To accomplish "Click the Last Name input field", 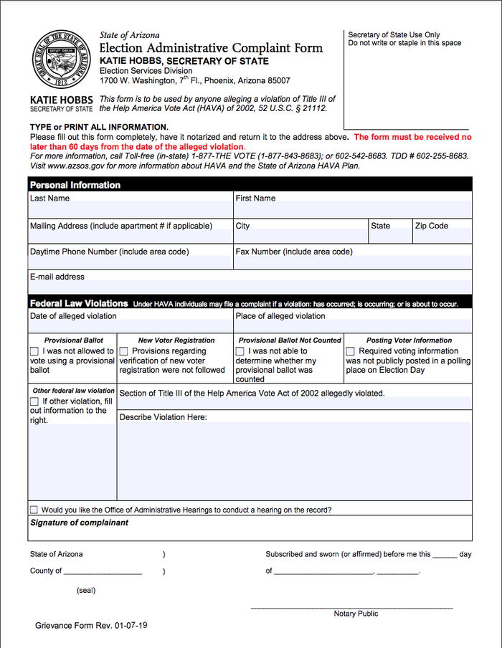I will [x=131, y=209].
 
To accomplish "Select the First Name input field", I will [x=353, y=209].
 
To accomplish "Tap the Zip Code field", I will [x=442, y=237].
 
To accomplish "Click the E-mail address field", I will [x=250, y=287].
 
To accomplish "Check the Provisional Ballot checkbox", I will [x=34, y=351].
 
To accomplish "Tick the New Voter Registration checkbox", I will [x=124, y=351].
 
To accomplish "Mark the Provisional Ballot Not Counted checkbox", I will [x=240, y=351].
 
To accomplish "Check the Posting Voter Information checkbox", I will [x=351, y=351].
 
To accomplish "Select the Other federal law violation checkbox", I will [x=34, y=401].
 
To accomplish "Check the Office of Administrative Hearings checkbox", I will [x=34, y=510].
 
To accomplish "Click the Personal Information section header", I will [x=75, y=185].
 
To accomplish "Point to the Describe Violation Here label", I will [x=163, y=417].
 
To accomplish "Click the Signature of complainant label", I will [x=79, y=523].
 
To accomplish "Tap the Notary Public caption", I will [x=356, y=614].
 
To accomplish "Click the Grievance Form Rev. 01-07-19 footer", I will [x=92, y=626].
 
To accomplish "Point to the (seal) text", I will [x=85, y=591].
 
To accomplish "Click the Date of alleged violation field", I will [x=131, y=327].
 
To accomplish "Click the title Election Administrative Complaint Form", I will [x=211, y=48].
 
